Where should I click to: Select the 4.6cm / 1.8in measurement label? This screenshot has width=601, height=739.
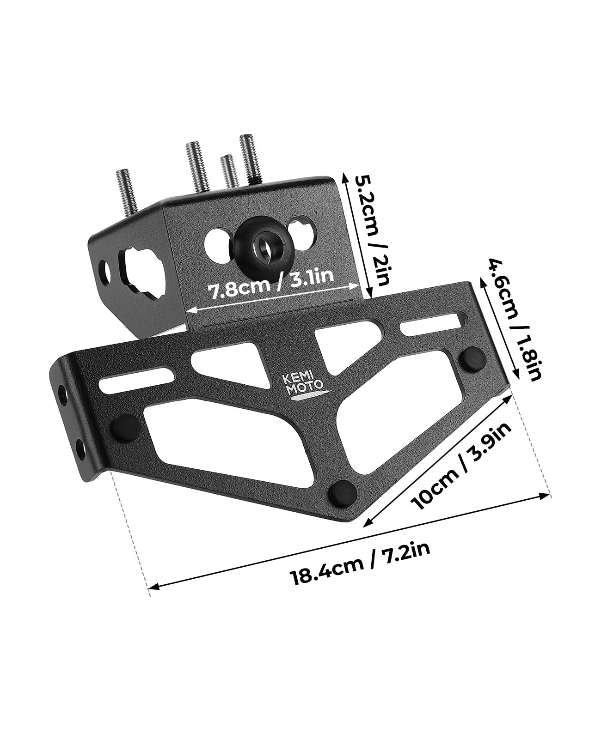[513, 319]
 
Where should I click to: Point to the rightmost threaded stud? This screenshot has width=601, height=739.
[249, 158]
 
